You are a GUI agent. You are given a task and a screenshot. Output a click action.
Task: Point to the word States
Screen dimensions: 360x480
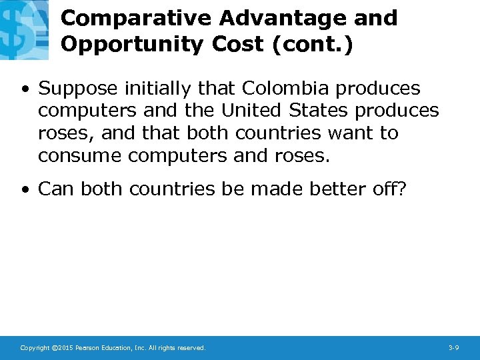click(x=323, y=111)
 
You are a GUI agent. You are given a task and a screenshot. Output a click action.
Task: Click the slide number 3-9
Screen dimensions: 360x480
click(x=454, y=348)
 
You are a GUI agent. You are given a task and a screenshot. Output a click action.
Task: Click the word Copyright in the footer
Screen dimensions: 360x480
click(x=34, y=348)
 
